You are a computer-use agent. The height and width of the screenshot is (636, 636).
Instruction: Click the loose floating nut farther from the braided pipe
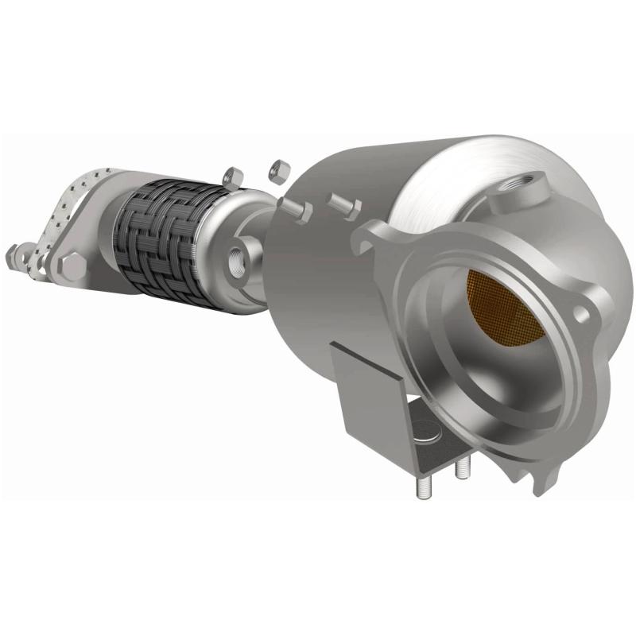pos(278,169)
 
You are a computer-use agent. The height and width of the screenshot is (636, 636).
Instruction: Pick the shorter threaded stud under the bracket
pos(460,474)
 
